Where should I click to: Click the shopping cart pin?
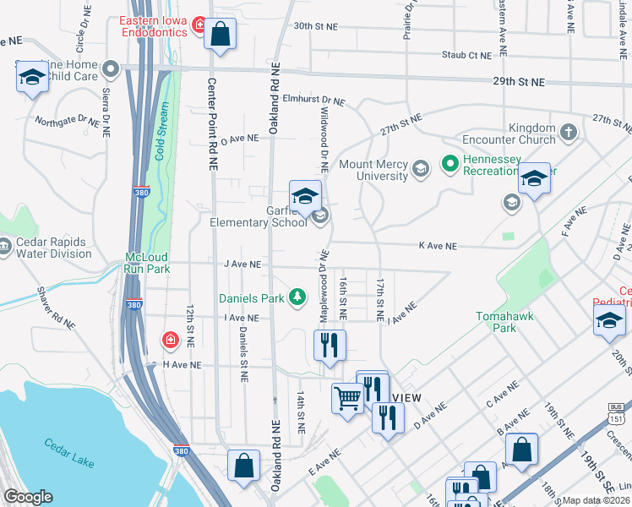pos(347,398)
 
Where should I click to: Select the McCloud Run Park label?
pos(148,262)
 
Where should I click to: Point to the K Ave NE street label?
pos(438,246)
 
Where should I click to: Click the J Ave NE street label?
pos(242,264)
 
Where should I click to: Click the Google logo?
pos(27,497)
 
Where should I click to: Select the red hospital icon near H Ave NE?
pos(170,340)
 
